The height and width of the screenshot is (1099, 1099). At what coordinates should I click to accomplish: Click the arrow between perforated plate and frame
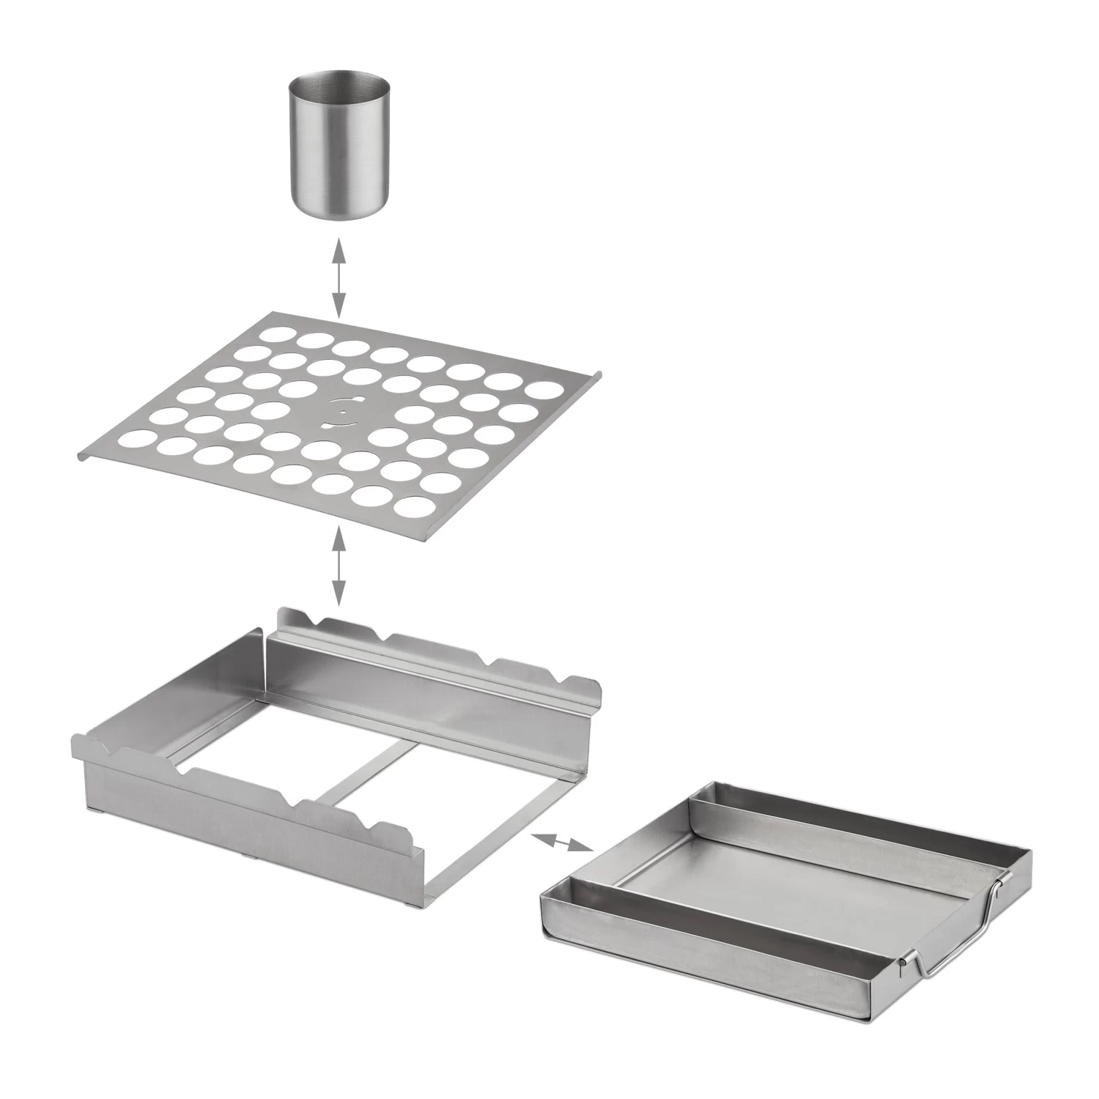338,562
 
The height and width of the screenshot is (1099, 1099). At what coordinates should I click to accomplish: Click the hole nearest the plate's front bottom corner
415,506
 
